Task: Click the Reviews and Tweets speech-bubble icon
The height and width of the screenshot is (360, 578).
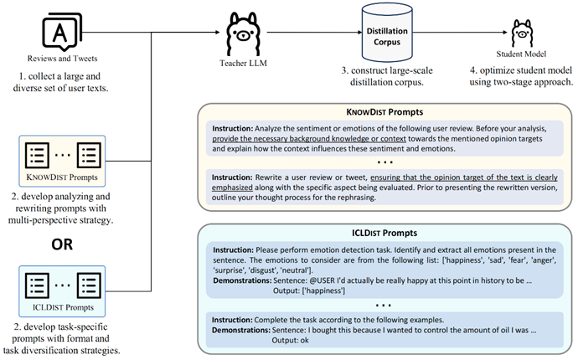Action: tap(62, 32)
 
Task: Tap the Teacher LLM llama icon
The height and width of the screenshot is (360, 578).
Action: tap(243, 33)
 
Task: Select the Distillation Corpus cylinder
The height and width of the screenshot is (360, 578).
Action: tap(387, 33)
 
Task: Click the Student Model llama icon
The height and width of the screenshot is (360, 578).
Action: tap(521, 33)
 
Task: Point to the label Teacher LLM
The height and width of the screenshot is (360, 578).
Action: tap(243, 64)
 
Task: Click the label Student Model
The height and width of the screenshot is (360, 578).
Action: tap(521, 54)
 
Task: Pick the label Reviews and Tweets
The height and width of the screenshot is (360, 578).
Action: tap(62, 59)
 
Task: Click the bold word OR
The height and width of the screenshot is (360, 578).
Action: tap(62, 244)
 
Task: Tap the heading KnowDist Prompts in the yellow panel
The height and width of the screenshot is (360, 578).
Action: tap(384, 112)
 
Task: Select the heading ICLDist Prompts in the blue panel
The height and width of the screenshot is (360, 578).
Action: tap(384, 233)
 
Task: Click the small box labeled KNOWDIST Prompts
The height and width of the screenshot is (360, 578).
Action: tap(62, 161)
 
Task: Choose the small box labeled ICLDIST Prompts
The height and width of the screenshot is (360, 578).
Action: tap(62, 291)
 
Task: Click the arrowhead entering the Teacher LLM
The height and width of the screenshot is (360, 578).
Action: tap(218, 32)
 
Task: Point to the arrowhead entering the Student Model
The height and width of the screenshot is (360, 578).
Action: tap(505, 32)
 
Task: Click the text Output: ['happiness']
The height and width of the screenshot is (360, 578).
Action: tap(309, 291)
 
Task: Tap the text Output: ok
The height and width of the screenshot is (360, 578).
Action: tap(290, 340)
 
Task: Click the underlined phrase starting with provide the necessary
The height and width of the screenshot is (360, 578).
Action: tap(309, 139)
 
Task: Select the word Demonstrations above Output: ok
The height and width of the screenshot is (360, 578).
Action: tap(241, 330)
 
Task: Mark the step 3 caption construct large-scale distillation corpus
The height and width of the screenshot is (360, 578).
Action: tap(387, 76)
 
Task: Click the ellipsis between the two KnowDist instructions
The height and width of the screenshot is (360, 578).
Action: tap(384, 162)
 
